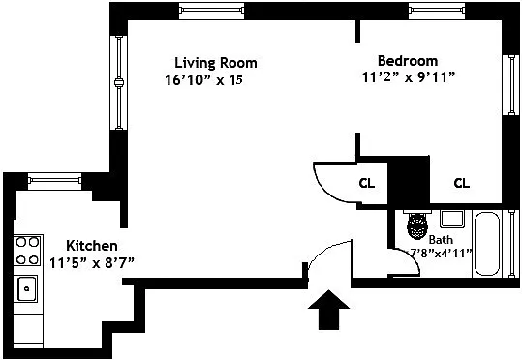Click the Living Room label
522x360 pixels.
pos(216,63)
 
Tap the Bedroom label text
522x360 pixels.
pos(408,61)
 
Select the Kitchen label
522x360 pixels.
pos(92,246)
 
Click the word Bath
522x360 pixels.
pos(441,240)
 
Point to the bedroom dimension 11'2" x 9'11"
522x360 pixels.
pos(408,77)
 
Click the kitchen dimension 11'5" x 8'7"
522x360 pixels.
pos(92,263)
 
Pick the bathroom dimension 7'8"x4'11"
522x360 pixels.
pos(440,254)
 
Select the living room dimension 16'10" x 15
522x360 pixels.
pos(203,80)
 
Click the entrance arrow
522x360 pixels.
pos(328,310)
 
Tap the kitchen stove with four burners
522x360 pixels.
pos(28,251)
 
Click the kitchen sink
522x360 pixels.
pos(27,288)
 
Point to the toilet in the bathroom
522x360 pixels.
pos(417,225)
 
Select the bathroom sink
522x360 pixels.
pos(451,219)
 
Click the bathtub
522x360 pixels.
pos(487,244)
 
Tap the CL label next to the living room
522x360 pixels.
pos(367,183)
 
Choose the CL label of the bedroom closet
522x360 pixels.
pos(461,183)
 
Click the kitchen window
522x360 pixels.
pos(54,181)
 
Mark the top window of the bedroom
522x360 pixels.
pos(437,11)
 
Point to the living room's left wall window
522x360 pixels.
pos(119,82)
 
